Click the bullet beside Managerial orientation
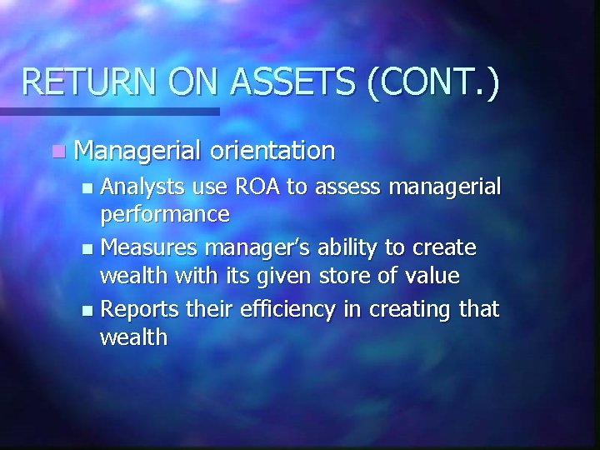coord(56,152)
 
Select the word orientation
coord(272,151)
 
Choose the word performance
coord(164,214)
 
